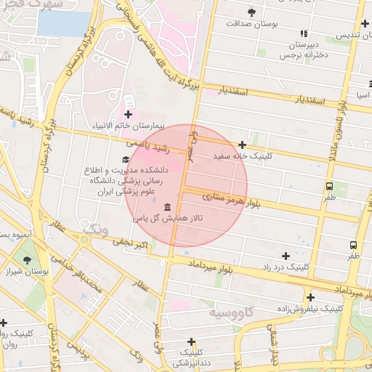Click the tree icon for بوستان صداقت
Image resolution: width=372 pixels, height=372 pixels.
251,12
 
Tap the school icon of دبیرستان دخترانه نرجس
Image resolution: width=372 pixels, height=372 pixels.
304,33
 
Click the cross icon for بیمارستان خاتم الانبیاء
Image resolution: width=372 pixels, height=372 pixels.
129,114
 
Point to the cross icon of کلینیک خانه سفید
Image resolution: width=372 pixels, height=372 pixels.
242,145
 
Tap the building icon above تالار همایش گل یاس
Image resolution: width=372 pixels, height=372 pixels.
168,207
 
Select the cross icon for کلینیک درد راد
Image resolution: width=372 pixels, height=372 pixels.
286,256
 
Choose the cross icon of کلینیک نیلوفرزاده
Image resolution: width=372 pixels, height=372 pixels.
310,297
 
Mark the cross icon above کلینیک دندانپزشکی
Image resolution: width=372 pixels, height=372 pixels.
192,341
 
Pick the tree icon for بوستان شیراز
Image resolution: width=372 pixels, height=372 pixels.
27,260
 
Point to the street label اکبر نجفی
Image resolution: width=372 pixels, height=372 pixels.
130,243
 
